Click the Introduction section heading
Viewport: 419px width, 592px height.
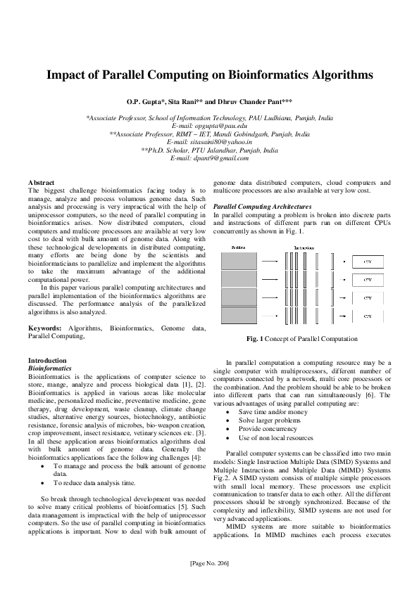point(46,360)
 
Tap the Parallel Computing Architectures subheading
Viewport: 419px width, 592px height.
point(262,206)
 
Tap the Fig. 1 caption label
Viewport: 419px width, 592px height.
point(254,339)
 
